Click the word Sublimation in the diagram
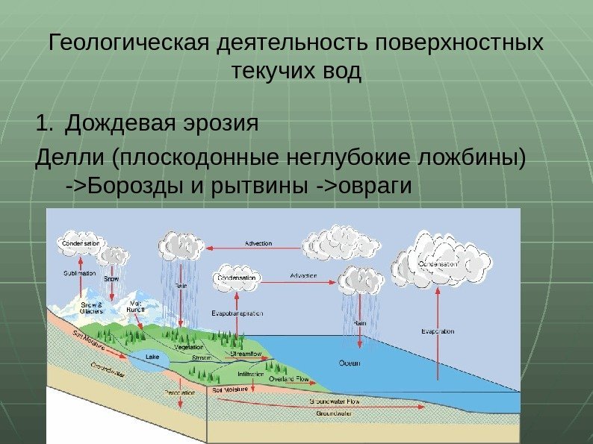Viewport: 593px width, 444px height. coord(78,274)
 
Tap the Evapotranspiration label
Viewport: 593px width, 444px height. coord(237,313)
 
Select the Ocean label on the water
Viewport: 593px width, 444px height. coord(350,363)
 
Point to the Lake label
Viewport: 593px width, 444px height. coord(152,357)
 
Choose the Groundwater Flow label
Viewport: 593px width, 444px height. coord(335,401)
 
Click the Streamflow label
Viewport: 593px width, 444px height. coord(246,353)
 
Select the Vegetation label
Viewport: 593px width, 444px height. coord(190,348)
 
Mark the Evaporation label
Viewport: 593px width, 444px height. coord(438,331)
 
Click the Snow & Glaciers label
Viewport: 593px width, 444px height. coord(91,308)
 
